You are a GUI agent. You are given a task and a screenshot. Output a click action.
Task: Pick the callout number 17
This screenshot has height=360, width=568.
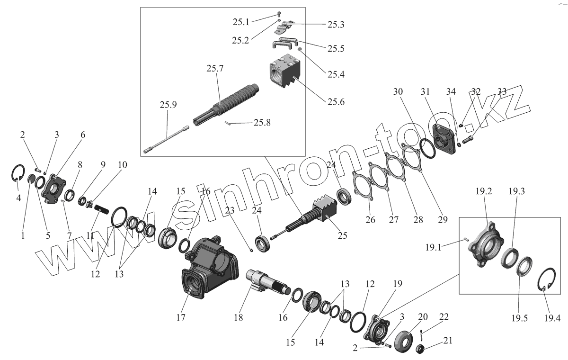(x=180, y=317)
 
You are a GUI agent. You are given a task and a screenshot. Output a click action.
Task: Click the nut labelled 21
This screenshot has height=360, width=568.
(x=419, y=350)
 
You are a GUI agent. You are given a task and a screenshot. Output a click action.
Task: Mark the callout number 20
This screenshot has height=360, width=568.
(x=423, y=317)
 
